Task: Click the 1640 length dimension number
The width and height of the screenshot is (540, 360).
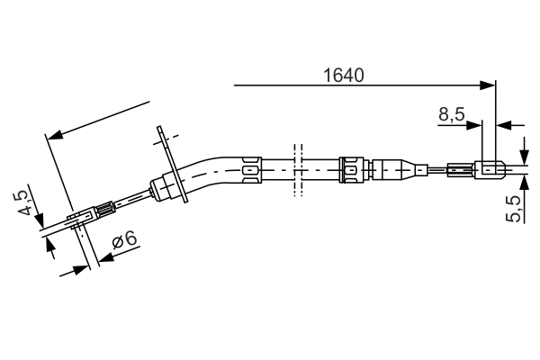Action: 343,76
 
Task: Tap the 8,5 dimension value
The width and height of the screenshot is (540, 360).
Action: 452,114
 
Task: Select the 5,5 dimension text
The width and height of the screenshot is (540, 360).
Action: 514,208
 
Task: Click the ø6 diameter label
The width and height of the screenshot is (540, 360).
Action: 124,239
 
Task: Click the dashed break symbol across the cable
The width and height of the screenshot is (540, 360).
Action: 294,167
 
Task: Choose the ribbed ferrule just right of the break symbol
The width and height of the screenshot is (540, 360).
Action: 353,167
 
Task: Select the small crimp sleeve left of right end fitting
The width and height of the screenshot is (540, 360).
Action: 457,168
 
